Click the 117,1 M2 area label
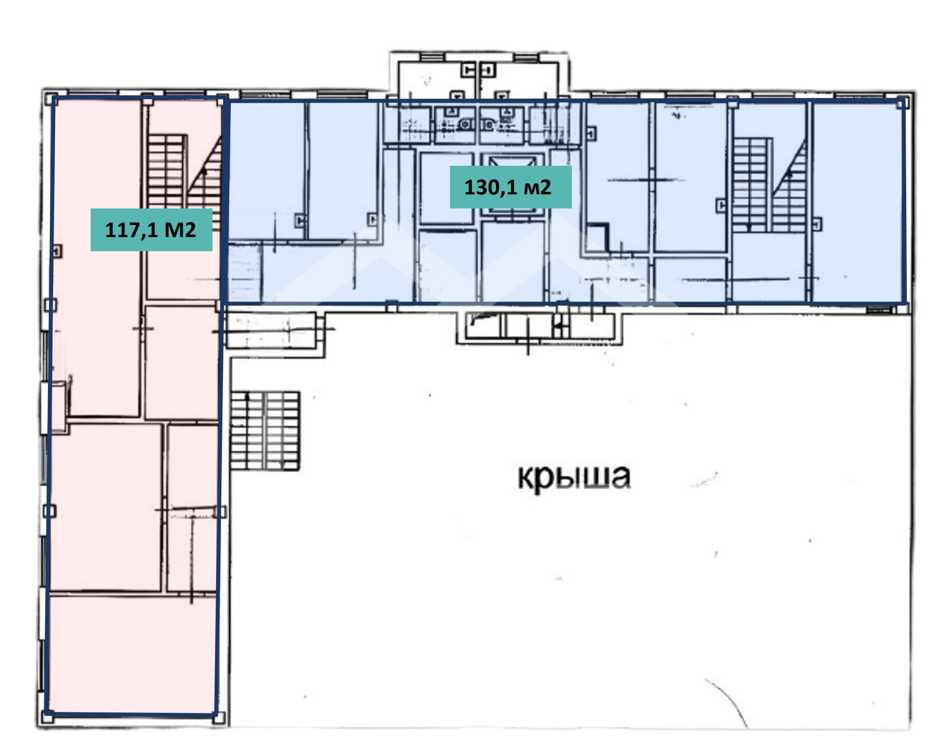151,229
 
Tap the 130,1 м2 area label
510,187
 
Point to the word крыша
574,476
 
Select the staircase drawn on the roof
265,431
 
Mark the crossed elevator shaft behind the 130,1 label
511,185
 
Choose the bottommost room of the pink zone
132,654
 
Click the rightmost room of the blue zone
857,202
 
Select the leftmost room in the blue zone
266,170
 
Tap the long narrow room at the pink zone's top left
97,258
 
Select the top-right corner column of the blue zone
902,103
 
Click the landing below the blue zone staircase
770,267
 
